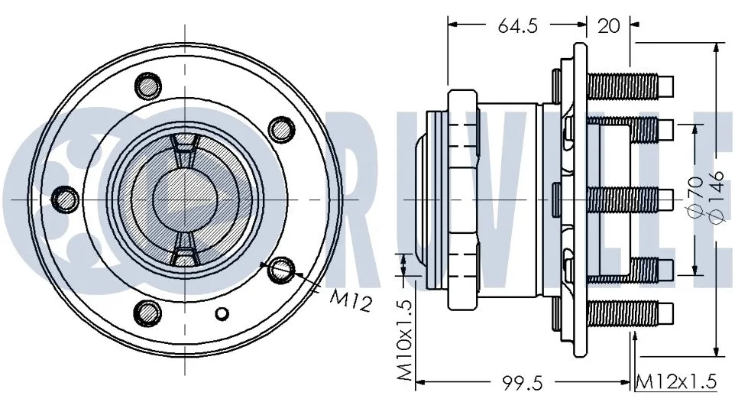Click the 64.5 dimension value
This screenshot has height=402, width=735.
(519, 25)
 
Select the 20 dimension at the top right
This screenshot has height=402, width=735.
(608, 25)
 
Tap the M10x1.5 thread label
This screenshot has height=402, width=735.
(405, 340)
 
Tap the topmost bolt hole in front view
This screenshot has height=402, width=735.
(147, 84)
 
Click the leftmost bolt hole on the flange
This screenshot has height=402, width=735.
(65, 199)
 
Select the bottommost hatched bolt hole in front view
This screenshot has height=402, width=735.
(147, 312)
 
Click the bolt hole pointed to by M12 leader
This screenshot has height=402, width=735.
(282, 268)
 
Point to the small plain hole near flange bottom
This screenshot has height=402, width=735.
(222, 313)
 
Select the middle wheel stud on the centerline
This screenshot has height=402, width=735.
(630, 199)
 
